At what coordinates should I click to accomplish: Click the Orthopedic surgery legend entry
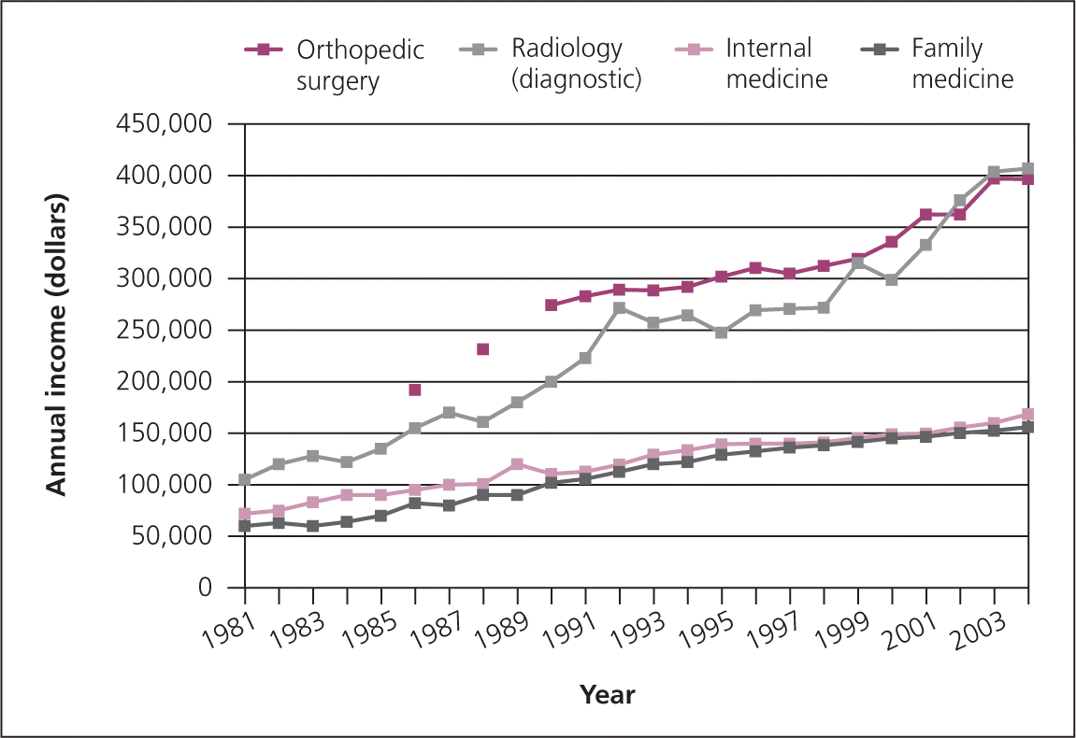pyautogui.click(x=335, y=64)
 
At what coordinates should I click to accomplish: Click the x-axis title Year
pyautogui.click(x=608, y=695)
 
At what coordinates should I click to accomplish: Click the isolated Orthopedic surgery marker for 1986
pyautogui.click(x=415, y=390)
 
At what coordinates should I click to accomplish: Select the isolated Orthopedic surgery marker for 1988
pyautogui.click(x=482, y=349)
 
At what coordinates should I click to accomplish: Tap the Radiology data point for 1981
pyautogui.click(x=245, y=480)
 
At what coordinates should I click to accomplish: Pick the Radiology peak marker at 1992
pyautogui.click(x=619, y=307)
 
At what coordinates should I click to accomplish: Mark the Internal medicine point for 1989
pyautogui.click(x=517, y=464)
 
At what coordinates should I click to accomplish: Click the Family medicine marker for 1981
pyautogui.click(x=245, y=526)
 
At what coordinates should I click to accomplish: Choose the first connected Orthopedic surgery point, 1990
pyautogui.click(x=552, y=305)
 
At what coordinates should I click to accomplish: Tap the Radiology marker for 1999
pyautogui.click(x=857, y=263)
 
